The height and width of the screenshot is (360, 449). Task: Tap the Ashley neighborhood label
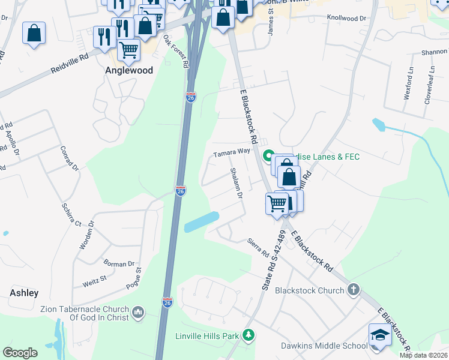click(24, 293)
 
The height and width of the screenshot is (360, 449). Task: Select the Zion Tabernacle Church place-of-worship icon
click(138, 313)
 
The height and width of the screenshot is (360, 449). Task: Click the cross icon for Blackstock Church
click(354, 290)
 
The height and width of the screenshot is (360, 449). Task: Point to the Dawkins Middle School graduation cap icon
click(379, 335)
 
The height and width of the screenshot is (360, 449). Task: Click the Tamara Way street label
click(232, 153)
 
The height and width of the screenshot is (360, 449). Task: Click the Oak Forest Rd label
click(176, 51)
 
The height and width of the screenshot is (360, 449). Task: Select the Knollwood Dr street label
click(346, 19)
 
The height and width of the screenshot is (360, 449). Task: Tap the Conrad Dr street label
click(70, 159)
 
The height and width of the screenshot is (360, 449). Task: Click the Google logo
click(20, 353)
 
